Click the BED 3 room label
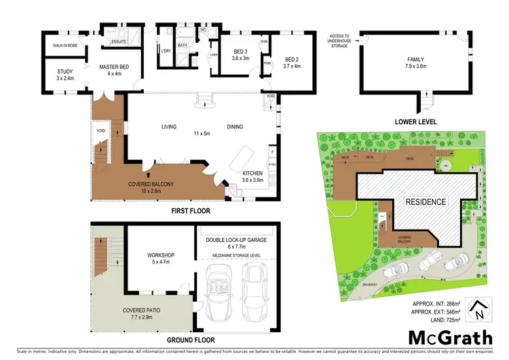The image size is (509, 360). point(240,55)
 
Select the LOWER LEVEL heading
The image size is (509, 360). point(414,122)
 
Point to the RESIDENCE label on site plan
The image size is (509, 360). point(426,202)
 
